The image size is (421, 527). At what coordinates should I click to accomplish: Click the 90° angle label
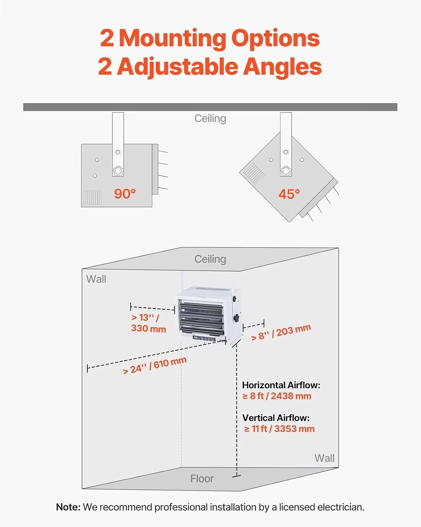125,194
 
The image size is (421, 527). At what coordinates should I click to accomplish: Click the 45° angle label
289,194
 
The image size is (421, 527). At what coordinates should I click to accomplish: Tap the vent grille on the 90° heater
92,197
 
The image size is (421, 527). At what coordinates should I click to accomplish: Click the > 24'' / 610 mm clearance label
155,365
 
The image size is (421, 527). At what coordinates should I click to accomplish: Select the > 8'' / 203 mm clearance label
281,332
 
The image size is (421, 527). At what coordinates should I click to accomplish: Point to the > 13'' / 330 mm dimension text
148,323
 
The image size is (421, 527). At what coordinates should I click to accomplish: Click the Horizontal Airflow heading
281,385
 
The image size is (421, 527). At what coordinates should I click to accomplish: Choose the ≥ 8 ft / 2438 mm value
277,396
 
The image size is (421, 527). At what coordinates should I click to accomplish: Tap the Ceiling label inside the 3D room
210,259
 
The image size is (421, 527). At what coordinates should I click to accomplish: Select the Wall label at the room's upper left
96,279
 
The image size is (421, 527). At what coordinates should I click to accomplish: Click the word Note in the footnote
68,507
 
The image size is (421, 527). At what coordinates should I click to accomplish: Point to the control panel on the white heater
203,339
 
